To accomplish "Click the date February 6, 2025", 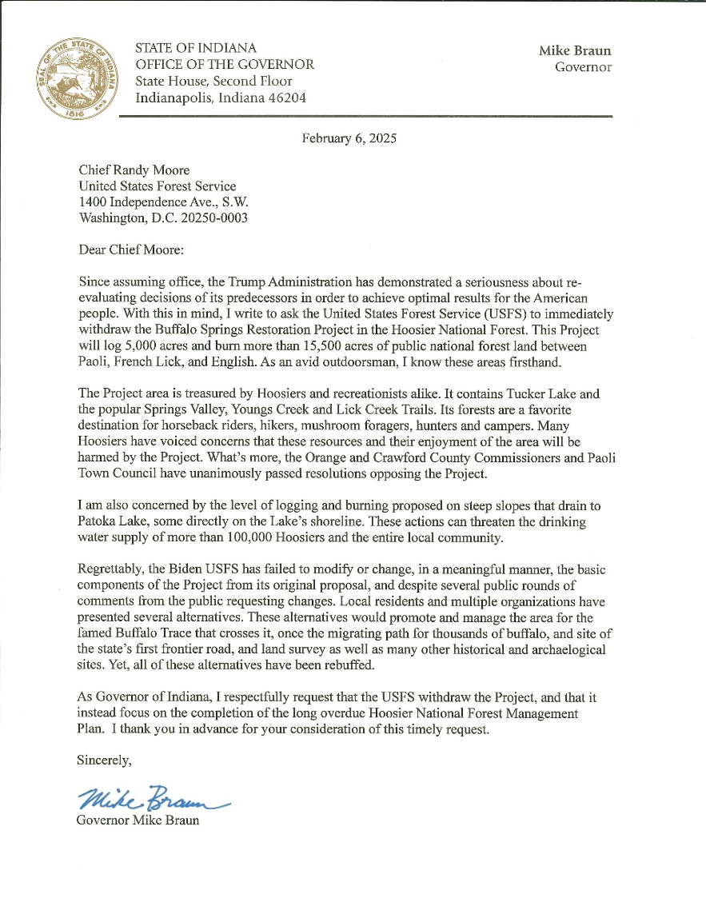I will click(349, 138).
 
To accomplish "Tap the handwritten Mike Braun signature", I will click(152, 797).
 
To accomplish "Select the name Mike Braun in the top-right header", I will click(575, 50).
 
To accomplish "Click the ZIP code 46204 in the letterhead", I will click(285, 98).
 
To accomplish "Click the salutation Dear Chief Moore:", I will click(131, 249).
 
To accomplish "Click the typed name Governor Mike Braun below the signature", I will click(138, 820).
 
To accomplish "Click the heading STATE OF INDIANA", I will click(196, 48).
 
